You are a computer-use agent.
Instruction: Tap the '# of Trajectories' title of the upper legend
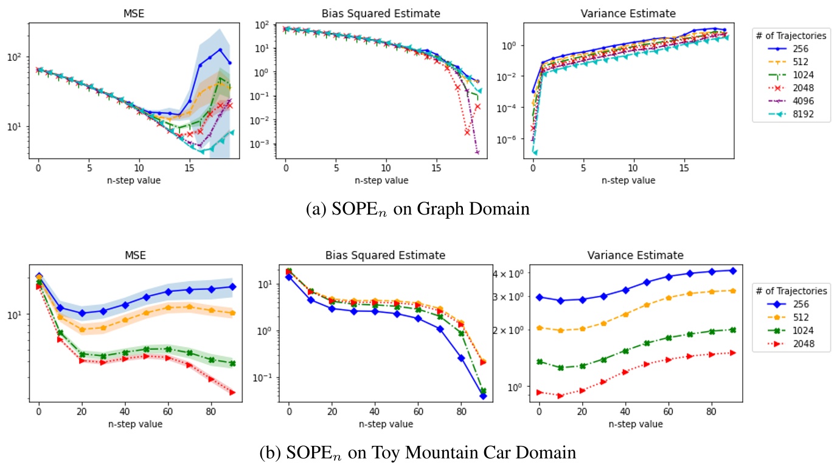791,36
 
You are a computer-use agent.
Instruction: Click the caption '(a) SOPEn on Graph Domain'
419,209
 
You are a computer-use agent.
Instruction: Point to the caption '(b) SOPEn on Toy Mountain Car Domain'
418,452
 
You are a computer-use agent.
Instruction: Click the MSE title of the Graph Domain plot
134,12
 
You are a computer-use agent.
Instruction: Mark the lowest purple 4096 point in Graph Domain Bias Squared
478,152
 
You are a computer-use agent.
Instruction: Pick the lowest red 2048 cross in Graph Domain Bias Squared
467,132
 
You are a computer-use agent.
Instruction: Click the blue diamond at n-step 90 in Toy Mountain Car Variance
733,270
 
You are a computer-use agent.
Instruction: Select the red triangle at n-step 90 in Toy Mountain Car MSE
232,392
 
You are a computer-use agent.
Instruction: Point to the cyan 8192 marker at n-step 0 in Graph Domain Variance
533,152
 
